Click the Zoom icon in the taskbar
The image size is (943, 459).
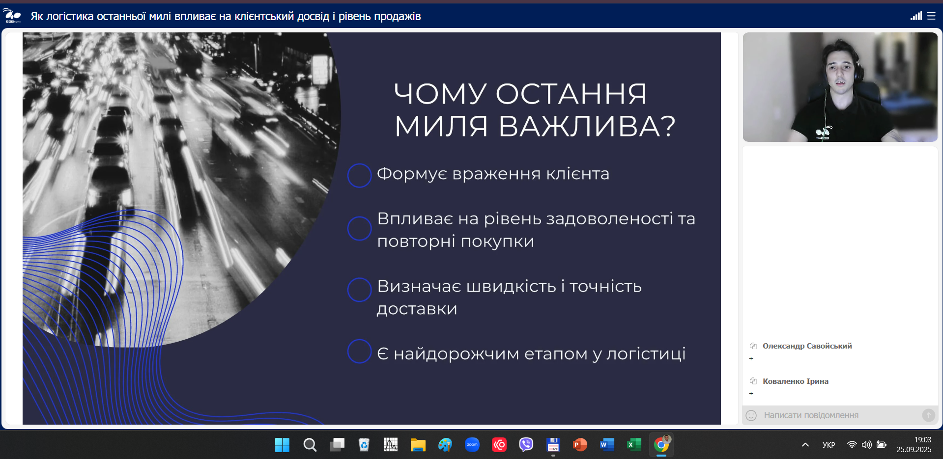coord(472,445)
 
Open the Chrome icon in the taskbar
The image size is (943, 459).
coord(661,445)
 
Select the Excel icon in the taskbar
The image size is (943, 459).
coord(634,445)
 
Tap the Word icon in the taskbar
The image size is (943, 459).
coord(607,445)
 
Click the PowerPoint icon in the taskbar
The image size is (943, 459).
coord(580,445)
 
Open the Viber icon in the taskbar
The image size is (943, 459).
coord(526,445)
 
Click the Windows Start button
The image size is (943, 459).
coord(282,445)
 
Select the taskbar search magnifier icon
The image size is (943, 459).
coord(310,445)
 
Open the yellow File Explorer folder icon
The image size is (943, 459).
coord(418,445)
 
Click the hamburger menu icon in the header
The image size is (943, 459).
coord(931,16)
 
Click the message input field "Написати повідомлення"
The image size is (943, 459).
coord(835,415)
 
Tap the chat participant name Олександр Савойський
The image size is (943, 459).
coord(807,346)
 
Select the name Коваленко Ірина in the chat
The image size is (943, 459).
coord(796,381)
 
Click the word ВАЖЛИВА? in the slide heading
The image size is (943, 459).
coord(587,126)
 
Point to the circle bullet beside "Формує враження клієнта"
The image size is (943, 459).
coord(359,175)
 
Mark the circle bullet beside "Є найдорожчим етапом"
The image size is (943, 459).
coord(359,351)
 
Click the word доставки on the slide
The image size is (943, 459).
coord(417,309)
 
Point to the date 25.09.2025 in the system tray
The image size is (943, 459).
coord(914,450)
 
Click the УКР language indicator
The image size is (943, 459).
coord(829,445)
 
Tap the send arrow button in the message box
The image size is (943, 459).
coord(928,415)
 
